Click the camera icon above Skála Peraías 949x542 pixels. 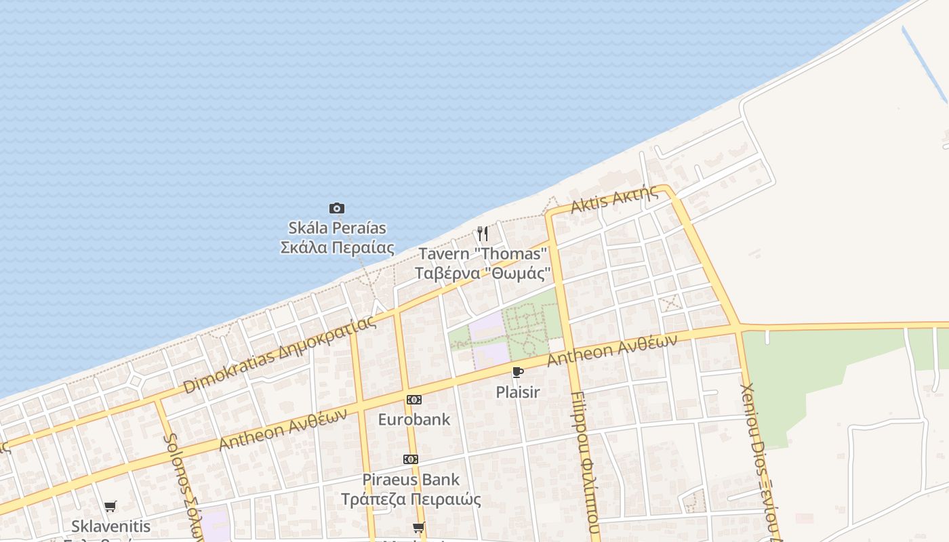pos(337,208)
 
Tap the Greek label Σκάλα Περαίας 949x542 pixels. pos(337,247)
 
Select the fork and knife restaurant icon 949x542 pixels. pos(483,234)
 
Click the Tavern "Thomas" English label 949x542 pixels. pos(483,254)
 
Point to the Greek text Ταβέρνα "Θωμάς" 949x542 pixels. pos(483,273)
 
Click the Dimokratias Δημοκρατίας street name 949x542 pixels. pos(279,354)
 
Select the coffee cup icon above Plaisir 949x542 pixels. pos(518,372)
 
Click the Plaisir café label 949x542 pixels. pos(518,392)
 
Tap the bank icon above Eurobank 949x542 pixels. pos(413,400)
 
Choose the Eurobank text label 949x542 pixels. pos(413,419)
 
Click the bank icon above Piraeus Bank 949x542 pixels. pos(411,459)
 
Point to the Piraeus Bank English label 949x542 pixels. pos(411,480)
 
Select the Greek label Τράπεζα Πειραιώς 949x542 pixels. pos(411,499)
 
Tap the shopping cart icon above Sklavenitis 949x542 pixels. pos(110,506)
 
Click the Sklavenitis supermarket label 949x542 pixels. pos(110,526)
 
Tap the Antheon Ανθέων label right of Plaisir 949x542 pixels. pos(611,351)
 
